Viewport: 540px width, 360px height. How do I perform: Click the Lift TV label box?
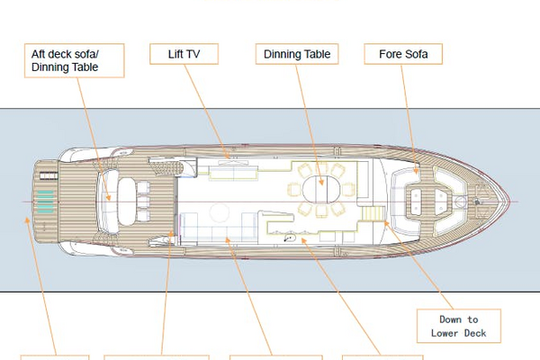183,55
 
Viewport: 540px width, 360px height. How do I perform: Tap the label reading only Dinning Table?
297,55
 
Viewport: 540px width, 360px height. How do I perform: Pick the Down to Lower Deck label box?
459,326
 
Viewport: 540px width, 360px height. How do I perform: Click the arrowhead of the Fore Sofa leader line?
416,171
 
